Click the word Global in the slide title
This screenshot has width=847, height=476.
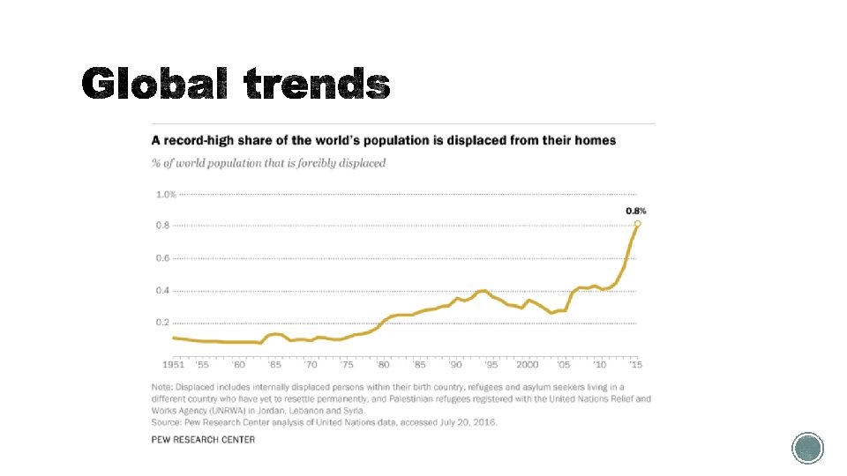(155, 85)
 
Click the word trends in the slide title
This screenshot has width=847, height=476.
(316, 85)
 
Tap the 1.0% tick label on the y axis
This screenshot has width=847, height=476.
(166, 194)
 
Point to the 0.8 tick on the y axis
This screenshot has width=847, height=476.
(163, 226)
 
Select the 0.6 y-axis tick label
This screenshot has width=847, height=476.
(163, 258)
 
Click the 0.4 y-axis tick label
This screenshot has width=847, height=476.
(163, 291)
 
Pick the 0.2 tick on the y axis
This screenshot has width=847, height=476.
(163, 323)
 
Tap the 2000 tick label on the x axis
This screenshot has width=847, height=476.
(528, 364)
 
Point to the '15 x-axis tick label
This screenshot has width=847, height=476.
(636, 364)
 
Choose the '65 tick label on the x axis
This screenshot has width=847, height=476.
(274, 364)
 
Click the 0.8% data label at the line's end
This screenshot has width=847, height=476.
(636, 211)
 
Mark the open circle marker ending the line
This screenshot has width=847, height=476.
(637, 224)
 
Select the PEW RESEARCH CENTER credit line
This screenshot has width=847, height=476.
(203, 440)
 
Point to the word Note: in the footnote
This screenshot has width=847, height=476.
(164, 387)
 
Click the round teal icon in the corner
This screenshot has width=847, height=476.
(806, 448)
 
